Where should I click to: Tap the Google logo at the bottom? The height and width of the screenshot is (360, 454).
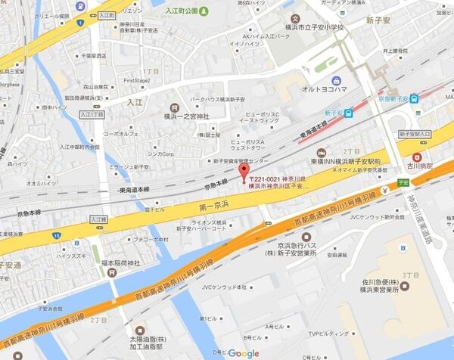(x=244, y=353)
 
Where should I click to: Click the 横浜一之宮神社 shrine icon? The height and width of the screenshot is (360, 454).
(x=175, y=107)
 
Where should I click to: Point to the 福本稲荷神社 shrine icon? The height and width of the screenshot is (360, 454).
(x=112, y=273)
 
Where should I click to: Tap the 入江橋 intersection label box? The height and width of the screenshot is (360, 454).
(x=98, y=219)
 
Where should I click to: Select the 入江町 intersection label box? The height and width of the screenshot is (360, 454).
(x=104, y=14)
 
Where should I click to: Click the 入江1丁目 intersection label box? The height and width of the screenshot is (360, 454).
(x=92, y=115)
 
